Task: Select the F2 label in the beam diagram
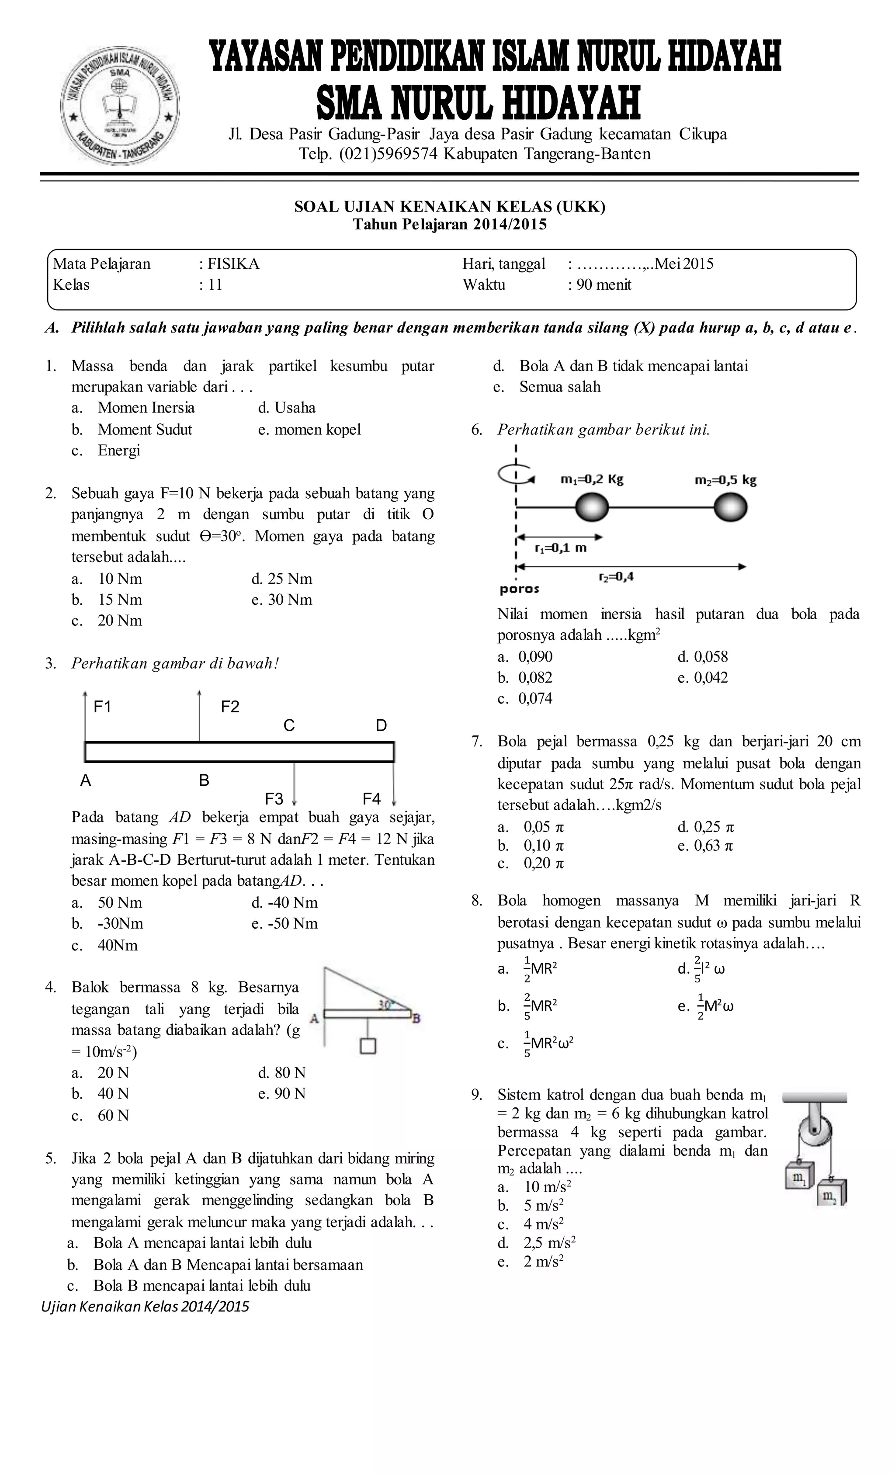tap(230, 707)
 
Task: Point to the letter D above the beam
tap(381, 725)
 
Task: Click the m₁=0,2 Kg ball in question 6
tap(592, 509)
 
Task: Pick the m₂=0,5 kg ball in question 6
tap(731, 509)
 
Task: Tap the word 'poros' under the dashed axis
tap(519, 589)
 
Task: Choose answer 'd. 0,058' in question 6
tap(703, 657)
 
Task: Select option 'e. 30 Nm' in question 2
tap(282, 600)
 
